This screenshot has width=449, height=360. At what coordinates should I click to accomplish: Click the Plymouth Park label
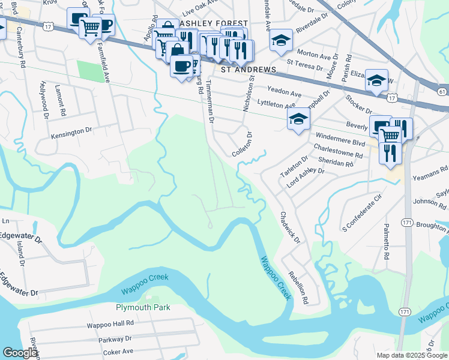click(143, 307)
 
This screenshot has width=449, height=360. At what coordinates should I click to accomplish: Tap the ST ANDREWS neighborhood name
click(249, 70)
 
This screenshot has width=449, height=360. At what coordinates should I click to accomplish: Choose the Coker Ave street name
click(119, 352)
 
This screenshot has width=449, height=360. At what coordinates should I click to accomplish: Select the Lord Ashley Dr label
click(305, 178)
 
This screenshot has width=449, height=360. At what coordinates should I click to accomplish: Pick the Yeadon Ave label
click(284, 94)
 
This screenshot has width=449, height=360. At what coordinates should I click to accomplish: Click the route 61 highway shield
click(442, 91)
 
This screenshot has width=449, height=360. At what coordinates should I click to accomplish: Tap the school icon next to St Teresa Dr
click(281, 40)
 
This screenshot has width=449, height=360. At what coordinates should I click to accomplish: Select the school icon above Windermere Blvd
click(298, 119)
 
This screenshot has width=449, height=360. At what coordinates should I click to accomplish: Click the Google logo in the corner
click(20, 353)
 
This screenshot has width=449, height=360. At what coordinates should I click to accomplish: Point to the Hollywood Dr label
click(43, 98)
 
